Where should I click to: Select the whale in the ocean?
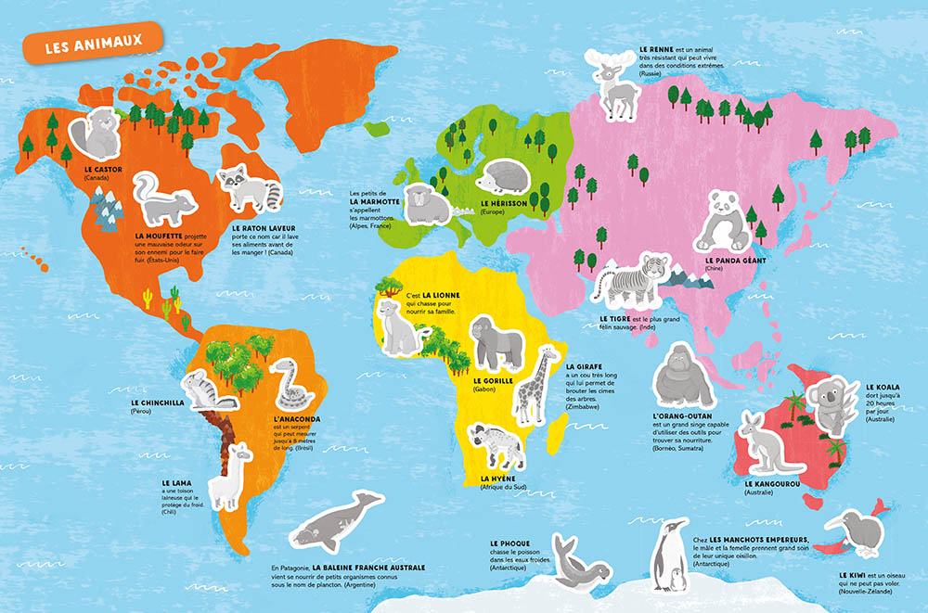[334, 525]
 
